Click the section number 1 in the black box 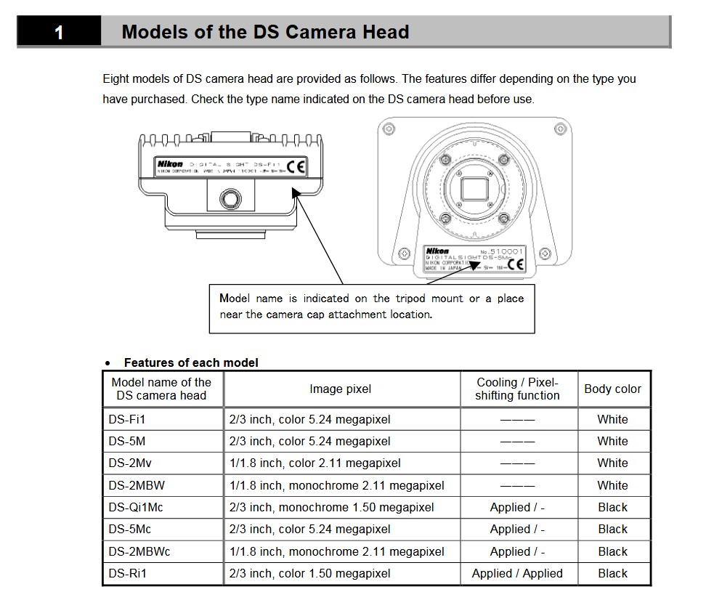pyautogui.click(x=59, y=33)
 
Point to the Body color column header pyautogui.click(x=612, y=389)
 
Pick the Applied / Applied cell pyautogui.click(x=517, y=573)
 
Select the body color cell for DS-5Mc pyautogui.click(x=612, y=529)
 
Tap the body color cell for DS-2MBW pyautogui.click(x=612, y=484)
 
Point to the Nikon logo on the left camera pyautogui.click(x=170, y=164)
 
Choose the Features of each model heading pyautogui.click(x=191, y=362)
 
